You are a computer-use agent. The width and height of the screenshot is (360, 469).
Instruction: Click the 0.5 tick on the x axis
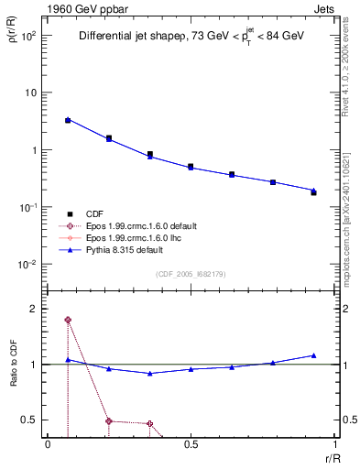click(191, 445)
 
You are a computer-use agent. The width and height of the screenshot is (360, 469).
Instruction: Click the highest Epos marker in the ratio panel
click(68, 320)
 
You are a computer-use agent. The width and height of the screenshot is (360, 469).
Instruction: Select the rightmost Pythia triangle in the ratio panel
click(313, 354)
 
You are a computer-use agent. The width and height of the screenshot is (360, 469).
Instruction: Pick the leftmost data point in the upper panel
click(68, 120)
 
